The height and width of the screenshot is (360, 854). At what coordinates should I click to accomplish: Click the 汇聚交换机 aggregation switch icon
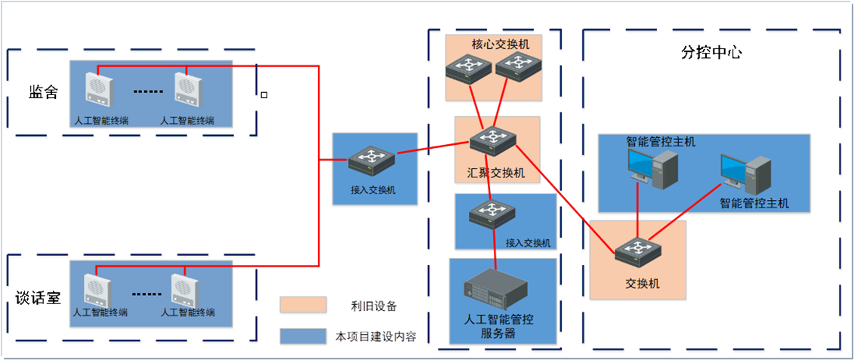(493, 140)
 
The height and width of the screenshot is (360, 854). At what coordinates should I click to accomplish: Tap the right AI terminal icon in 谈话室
(184, 289)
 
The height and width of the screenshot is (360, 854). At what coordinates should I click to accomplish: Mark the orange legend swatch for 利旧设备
(303, 305)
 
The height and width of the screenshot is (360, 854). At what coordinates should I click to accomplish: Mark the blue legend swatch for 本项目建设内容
(303, 335)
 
